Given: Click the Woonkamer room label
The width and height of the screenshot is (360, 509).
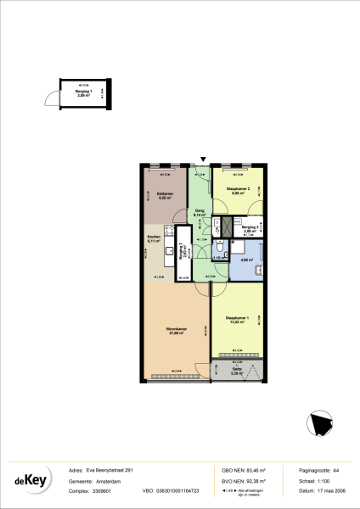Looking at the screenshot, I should (x=177, y=329).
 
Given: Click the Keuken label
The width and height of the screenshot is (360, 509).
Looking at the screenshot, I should (x=154, y=238).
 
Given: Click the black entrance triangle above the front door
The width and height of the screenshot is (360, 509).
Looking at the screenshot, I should (x=202, y=159).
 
